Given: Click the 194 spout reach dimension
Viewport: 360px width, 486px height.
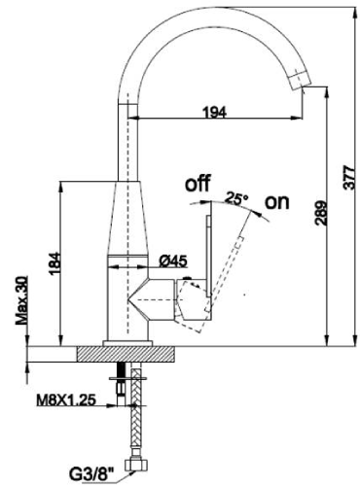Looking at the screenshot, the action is tap(214, 112).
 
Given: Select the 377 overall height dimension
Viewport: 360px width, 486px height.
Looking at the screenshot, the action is tap(349, 178).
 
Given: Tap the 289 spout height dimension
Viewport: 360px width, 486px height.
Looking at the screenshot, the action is tap(321, 213).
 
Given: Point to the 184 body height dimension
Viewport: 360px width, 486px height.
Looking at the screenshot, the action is tap(54, 263).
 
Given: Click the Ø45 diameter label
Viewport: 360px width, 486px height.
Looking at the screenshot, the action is tap(173, 261).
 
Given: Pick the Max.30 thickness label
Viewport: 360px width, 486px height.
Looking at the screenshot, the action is tap(21, 300).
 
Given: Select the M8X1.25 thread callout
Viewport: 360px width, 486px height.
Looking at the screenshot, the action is tap(66, 400).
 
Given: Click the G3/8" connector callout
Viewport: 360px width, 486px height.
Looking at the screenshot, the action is tap(92, 475).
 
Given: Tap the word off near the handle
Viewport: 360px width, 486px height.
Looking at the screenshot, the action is tap(198, 183).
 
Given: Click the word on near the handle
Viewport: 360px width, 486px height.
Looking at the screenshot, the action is tap(277, 202).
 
